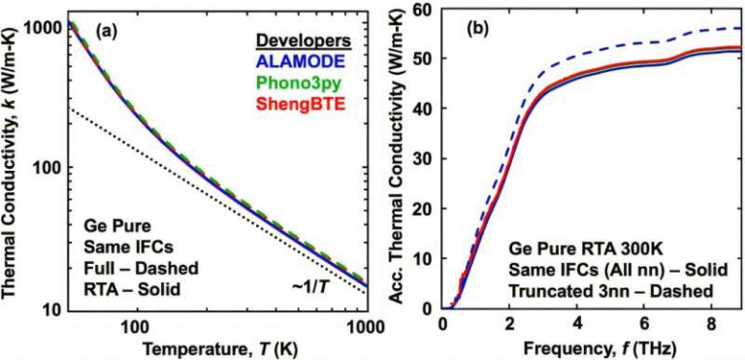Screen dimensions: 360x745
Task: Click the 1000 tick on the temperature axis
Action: [x=366, y=325]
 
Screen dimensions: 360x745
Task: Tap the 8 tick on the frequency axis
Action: [x=713, y=325]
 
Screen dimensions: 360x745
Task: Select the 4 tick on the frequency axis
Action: [x=578, y=325]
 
